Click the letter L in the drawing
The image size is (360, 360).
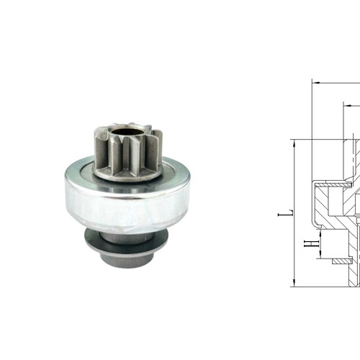click(x=288, y=213)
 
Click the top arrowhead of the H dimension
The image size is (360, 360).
click(x=315, y=231)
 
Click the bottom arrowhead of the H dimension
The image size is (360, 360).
click(x=315, y=258)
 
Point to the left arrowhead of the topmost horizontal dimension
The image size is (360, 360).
click(x=315, y=81)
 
